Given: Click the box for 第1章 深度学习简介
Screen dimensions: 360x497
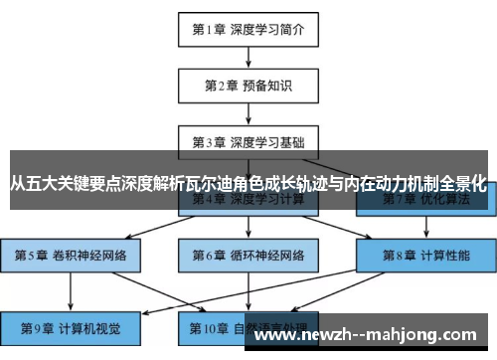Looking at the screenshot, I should tap(248, 30).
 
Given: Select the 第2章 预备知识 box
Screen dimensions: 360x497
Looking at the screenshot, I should tap(248, 85).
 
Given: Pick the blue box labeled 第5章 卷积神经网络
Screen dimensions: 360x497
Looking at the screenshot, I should tap(70, 256).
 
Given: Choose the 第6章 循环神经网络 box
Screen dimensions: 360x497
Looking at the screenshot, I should tap(248, 256).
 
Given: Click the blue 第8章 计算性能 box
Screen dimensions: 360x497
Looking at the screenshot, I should tap(426, 256).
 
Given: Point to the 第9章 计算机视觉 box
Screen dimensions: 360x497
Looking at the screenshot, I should tap(70, 326).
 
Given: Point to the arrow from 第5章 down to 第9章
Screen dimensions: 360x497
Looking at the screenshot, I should tap(70, 290).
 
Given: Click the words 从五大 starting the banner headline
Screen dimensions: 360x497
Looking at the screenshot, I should tap(31, 183).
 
